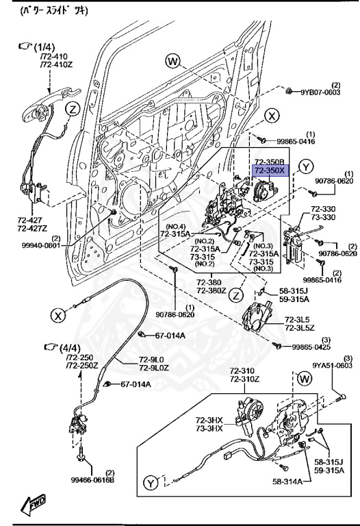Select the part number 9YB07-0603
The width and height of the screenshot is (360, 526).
coord(320,92)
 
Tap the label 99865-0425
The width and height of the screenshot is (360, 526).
coord(311,348)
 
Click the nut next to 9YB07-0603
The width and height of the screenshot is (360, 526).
coord(290,90)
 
